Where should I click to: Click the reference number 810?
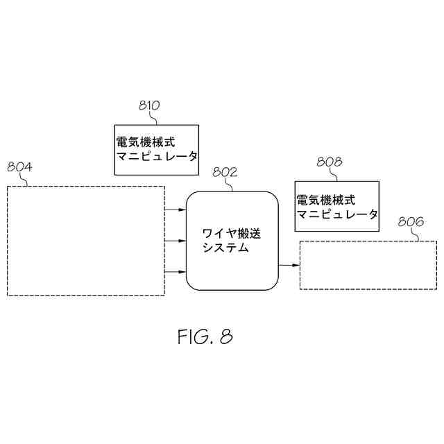click(x=149, y=105)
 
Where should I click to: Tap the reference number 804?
click(x=19, y=166)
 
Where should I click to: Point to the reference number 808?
click(x=329, y=162)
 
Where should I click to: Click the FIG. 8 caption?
click(x=205, y=337)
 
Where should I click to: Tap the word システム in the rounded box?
click(x=225, y=248)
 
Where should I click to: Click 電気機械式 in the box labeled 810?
click(x=144, y=142)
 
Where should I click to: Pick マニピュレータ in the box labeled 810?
click(x=157, y=157)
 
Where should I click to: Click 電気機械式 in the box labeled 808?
click(x=325, y=200)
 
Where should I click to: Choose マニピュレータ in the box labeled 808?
click(x=337, y=214)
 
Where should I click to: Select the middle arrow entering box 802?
click(x=176, y=241)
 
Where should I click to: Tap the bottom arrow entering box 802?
click(x=176, y=272)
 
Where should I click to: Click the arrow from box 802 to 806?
click(x=288, y=264)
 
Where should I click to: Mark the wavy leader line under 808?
click(x=330, y=174)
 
